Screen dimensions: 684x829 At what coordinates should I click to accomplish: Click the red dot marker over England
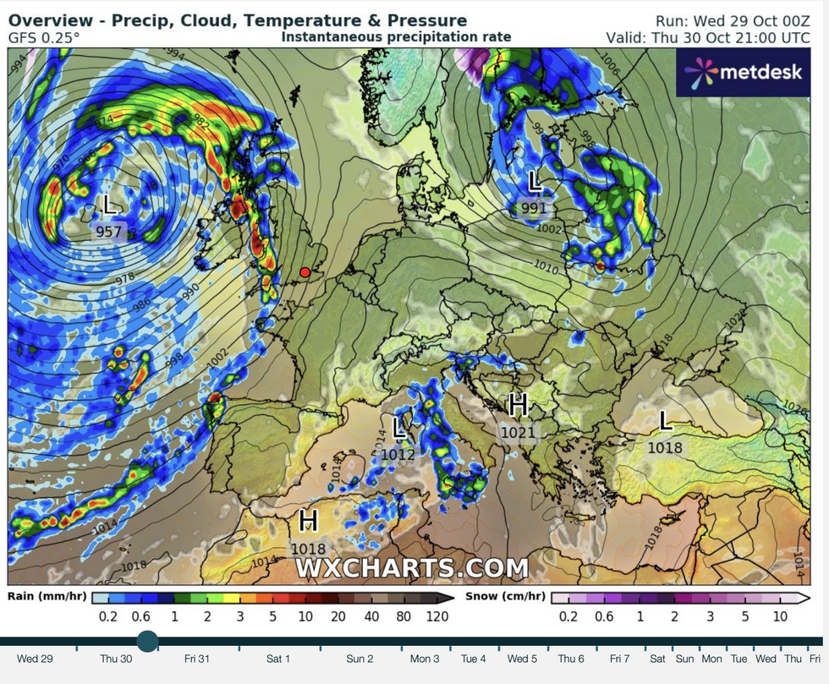tap(305, 272)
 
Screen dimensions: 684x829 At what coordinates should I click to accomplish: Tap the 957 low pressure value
tap(109, 232)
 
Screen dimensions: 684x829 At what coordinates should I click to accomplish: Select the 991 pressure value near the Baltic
tap(534, 207)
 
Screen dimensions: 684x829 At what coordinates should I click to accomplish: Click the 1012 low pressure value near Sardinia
tap(398, 454)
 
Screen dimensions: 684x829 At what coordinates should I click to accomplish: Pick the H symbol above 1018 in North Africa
tap(308, 518)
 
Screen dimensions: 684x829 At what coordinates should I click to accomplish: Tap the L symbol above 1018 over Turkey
tap(666, 420)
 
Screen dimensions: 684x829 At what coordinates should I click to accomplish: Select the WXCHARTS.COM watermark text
tap(412, 568)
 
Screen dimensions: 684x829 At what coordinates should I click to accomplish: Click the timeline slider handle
tap(147, 641)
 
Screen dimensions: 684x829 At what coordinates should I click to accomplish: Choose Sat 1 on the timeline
tap(278, 659)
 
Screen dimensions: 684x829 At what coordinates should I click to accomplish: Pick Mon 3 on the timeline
tap(425, 659)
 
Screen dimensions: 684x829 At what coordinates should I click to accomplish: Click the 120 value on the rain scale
tap(437, 616)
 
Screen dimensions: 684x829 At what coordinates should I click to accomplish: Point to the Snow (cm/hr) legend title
tap(505, 595)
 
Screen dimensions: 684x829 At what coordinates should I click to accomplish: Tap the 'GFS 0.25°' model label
tap(45, 37)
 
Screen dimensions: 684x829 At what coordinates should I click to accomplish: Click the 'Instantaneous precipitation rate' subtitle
tap(396, 36)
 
